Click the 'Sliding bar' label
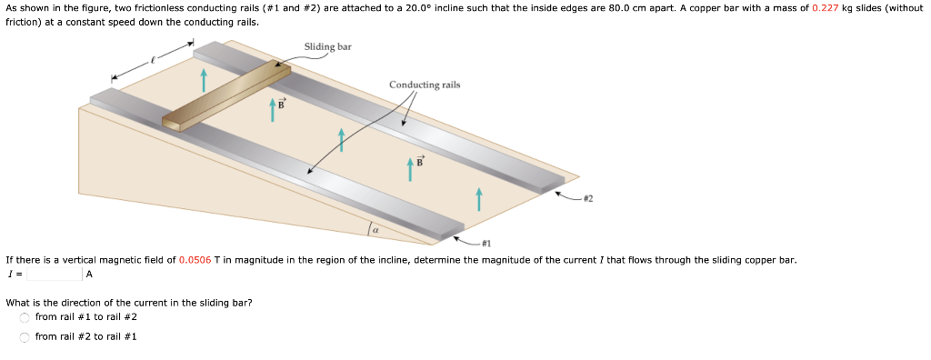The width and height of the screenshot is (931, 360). tap(327, 46)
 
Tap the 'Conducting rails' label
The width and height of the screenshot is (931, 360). tap(425, 85)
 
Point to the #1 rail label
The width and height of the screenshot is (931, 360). tap(486, 244)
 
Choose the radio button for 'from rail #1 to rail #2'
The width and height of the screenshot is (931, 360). tap(25, 317)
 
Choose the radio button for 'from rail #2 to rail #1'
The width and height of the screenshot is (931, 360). tap(25, 337)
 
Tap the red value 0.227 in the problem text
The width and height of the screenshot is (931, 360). tap(825, 7)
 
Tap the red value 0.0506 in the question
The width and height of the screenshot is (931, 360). tap(195, 260)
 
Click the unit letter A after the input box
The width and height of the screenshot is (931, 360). tap(90, 274)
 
